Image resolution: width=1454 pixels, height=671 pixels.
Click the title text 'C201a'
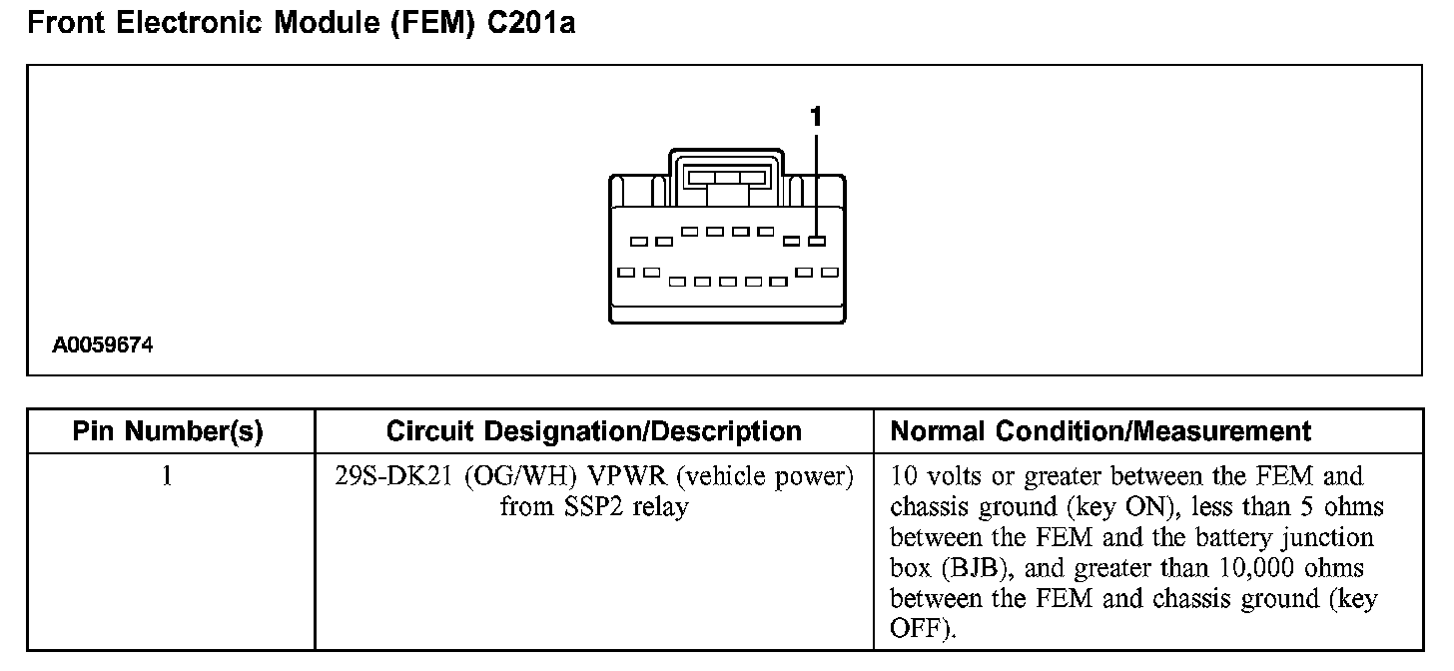pos(530,23)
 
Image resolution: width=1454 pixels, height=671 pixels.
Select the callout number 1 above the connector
pos(816,117)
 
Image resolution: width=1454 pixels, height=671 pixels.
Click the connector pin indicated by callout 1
pos(818,241)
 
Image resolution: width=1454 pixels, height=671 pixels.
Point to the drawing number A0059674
pos(103,345)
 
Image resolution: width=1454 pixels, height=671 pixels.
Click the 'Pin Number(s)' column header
pos(168,431)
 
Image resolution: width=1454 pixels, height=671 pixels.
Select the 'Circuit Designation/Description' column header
pos(593,431)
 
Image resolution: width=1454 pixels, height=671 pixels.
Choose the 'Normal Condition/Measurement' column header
pos(1100,431)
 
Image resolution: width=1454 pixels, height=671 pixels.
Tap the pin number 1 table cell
pos(168,477)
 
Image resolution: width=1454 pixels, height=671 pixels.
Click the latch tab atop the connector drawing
pos(726,177)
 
